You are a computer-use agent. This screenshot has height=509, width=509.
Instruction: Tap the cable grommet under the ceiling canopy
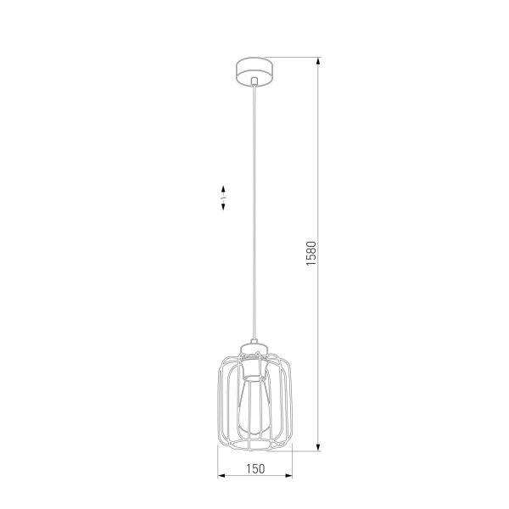click(255, 81)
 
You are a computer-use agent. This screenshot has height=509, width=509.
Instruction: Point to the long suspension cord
click(255, 212)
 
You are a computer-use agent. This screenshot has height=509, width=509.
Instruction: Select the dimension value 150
click(255, 467)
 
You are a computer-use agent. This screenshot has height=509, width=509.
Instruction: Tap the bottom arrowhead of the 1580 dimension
click(319, 446)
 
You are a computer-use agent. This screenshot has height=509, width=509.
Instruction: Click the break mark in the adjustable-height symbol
click(222, 196)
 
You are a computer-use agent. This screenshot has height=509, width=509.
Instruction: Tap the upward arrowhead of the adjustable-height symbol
click(222, 186)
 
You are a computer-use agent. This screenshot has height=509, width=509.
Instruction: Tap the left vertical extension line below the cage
click(218, 462)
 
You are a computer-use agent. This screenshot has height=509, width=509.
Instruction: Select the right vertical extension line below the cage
click(293, 462)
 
